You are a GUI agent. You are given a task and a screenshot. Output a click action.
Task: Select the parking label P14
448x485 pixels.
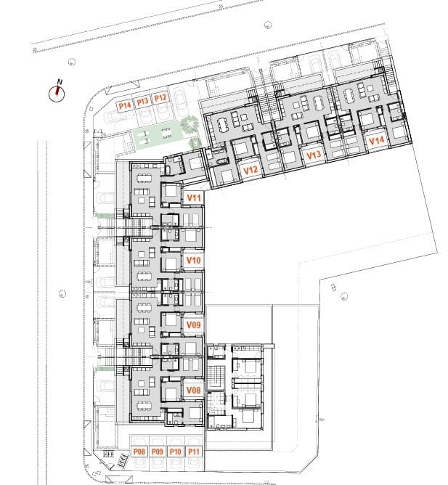125,105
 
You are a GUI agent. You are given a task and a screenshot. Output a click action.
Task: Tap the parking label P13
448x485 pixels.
143,102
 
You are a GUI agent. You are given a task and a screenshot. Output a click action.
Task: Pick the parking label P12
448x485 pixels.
161,97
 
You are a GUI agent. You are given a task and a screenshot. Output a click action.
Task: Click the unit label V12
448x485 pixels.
251,171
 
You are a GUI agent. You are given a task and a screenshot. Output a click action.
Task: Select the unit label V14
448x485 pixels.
376,140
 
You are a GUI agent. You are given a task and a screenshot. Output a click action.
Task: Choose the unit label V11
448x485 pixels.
193,197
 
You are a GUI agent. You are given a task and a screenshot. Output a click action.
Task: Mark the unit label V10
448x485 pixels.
193,260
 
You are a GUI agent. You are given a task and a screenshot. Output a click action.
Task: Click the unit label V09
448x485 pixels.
193,325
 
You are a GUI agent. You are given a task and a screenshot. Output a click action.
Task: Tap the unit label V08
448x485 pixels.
193,390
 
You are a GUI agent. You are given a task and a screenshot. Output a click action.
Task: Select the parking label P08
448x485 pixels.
140,452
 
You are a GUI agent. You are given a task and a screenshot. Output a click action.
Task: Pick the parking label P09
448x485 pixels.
158,452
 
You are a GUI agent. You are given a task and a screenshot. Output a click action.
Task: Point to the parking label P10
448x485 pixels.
175,452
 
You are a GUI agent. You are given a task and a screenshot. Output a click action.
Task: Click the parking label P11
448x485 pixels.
193,452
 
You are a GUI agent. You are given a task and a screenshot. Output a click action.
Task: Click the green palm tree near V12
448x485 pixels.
192,125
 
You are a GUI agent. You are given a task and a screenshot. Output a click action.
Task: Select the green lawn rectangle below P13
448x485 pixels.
149,136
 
